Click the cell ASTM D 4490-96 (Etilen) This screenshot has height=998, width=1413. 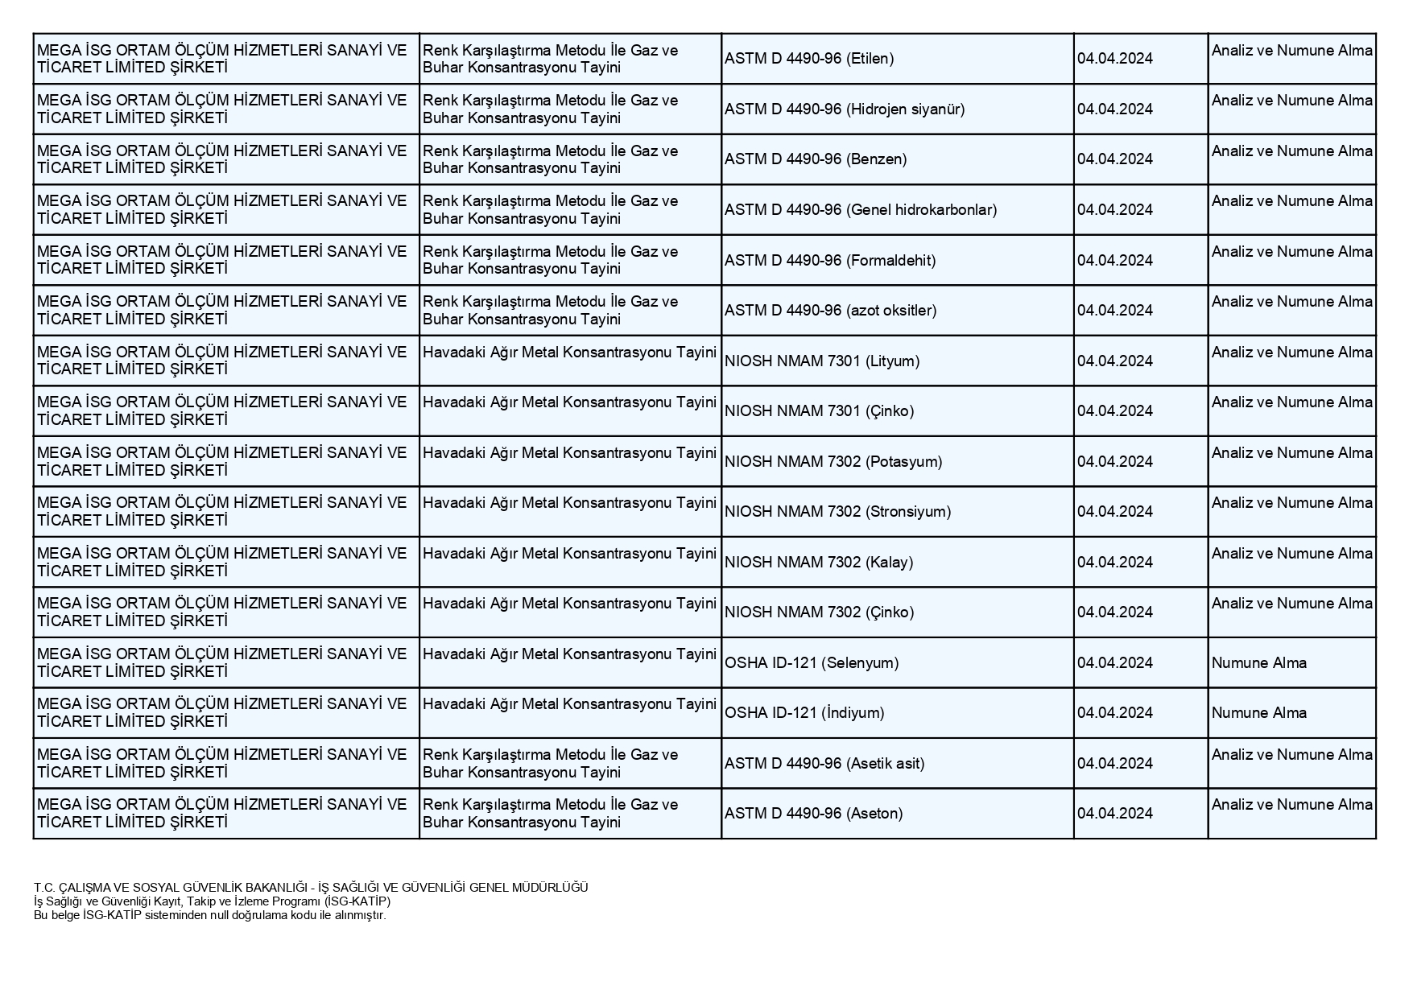809,59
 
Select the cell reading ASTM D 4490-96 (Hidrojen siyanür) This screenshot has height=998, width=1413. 845,109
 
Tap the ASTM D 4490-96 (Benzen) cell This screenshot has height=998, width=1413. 816,159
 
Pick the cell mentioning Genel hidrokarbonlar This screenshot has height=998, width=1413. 861,210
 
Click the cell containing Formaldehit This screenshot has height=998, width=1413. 830,261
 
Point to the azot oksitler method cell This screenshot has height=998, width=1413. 831,311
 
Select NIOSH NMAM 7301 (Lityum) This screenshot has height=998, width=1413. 822,361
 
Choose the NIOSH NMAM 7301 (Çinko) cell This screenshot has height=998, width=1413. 820,411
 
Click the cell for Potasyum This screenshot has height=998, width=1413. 833,462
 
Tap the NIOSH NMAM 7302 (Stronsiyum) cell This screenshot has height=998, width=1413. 837,512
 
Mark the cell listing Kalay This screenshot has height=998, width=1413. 819,563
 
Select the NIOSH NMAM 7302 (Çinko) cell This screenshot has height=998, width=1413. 820,612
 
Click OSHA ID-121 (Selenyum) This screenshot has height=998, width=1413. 812,663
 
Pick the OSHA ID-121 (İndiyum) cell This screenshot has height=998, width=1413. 804,713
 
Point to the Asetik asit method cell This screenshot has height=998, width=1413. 824,764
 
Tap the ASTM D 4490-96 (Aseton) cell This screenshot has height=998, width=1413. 814,814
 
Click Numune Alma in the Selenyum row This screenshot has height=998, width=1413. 1259,663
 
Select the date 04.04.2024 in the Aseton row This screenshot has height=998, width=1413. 1115,814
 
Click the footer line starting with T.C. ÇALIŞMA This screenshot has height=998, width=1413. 311,888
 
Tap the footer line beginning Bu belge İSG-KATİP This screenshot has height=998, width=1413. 210,915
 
